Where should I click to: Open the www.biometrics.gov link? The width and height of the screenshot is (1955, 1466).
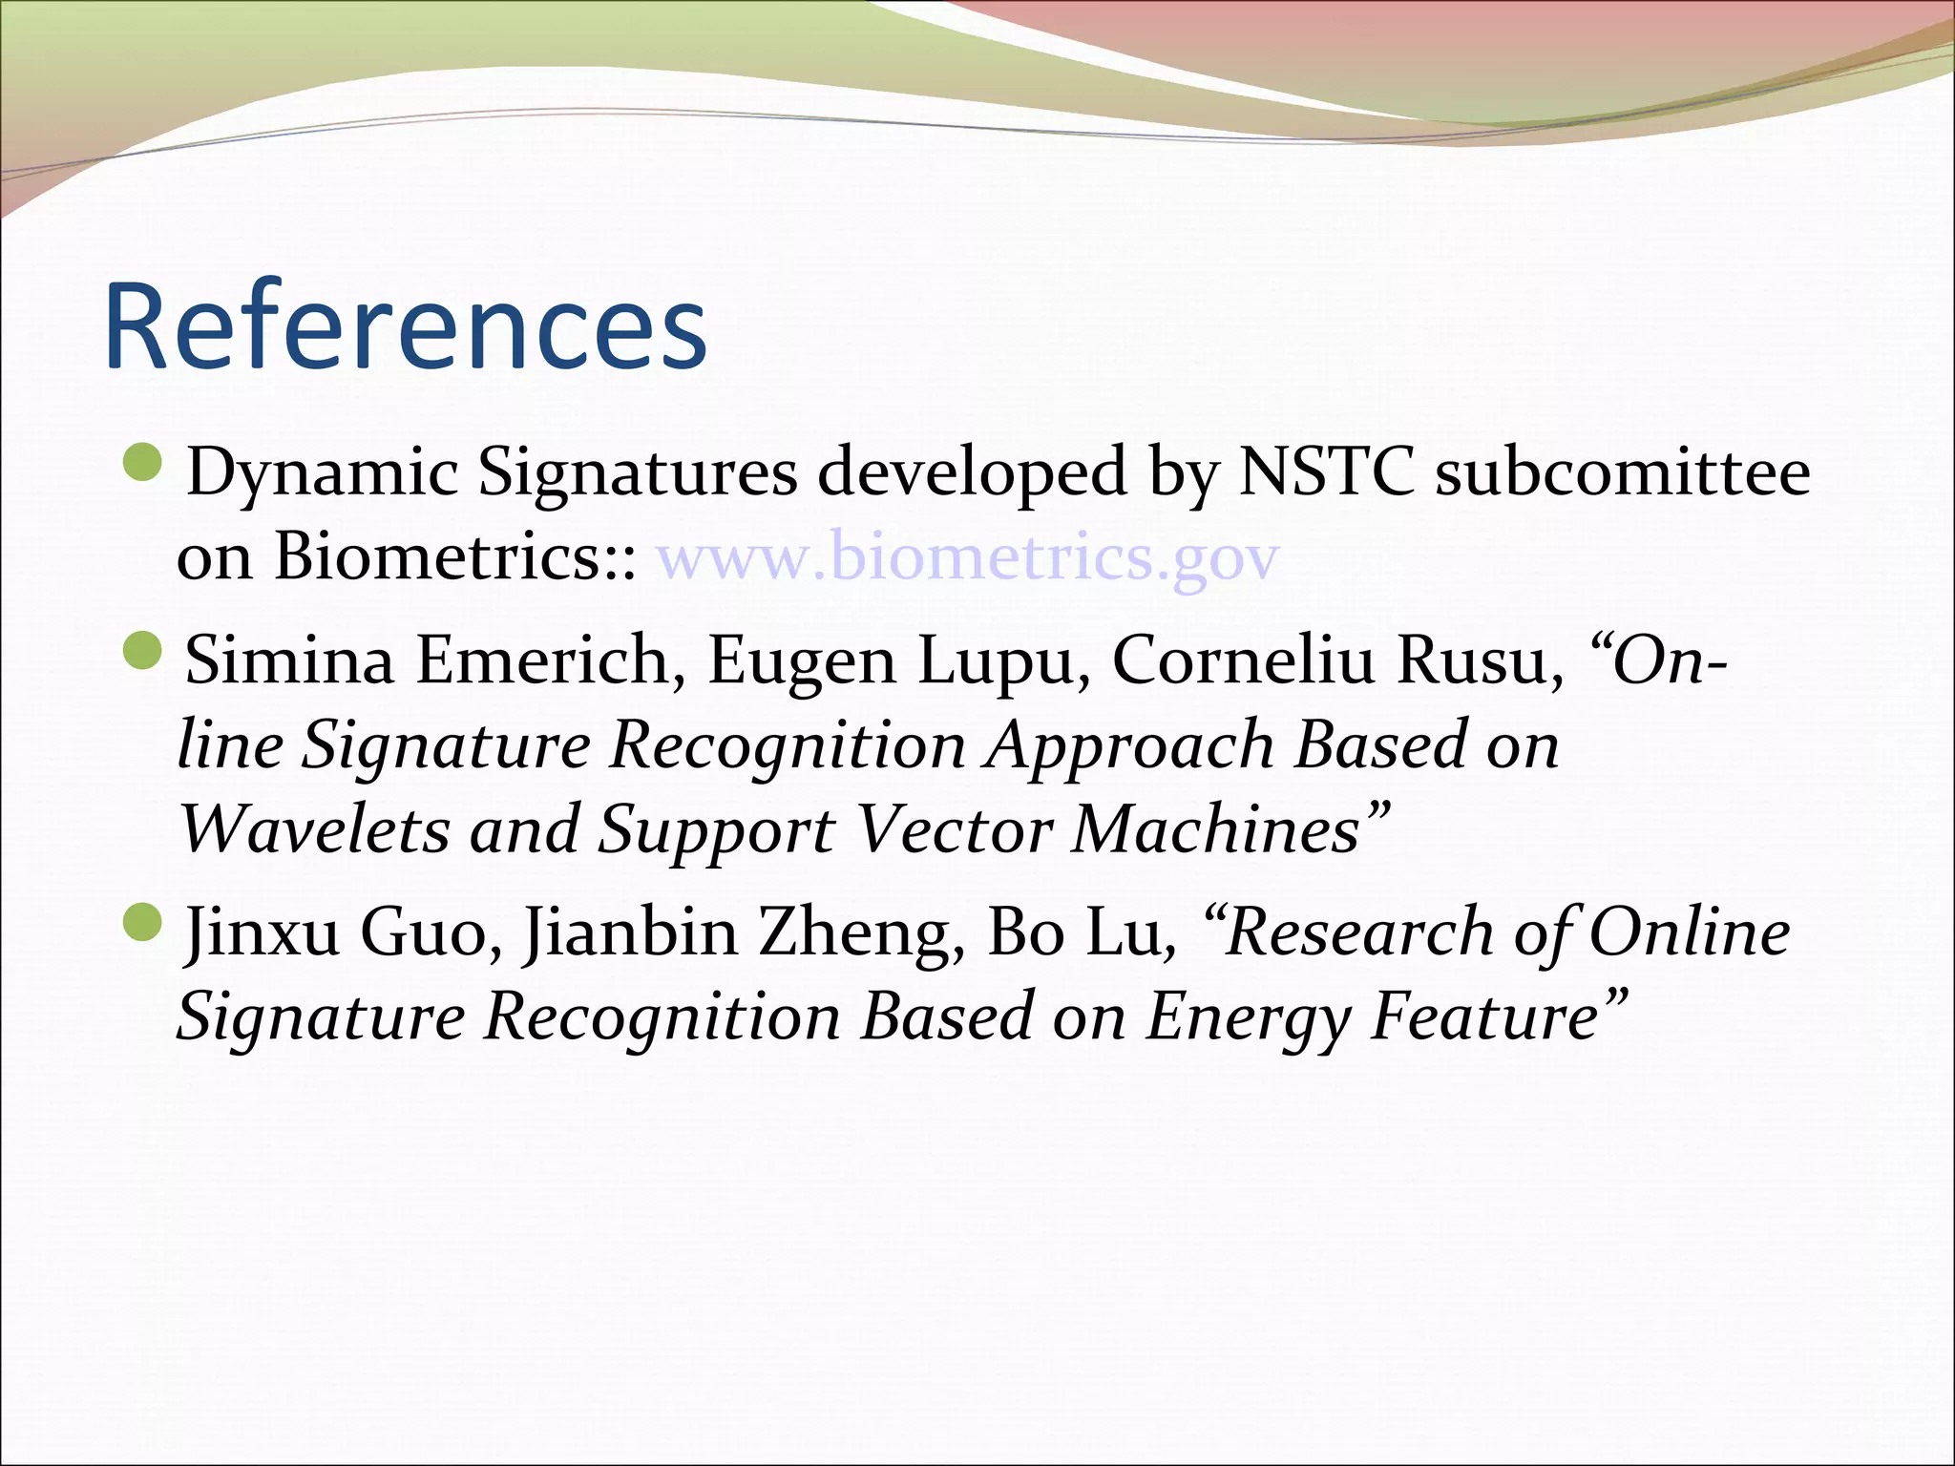[967, 556]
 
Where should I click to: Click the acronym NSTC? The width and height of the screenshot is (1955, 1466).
[1326, 471]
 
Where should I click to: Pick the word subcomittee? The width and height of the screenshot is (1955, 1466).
[1623, 471]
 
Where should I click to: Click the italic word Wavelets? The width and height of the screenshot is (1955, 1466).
[314, 828]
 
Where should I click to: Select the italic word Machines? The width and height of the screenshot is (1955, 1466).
[1217, 828]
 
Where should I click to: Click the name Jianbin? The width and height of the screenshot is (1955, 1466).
[630, 932]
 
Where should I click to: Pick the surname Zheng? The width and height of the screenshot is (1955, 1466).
[860, 932]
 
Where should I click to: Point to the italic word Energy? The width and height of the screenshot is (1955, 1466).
[1248, 1016]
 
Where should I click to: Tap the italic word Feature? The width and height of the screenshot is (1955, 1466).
[1485, 1016]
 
